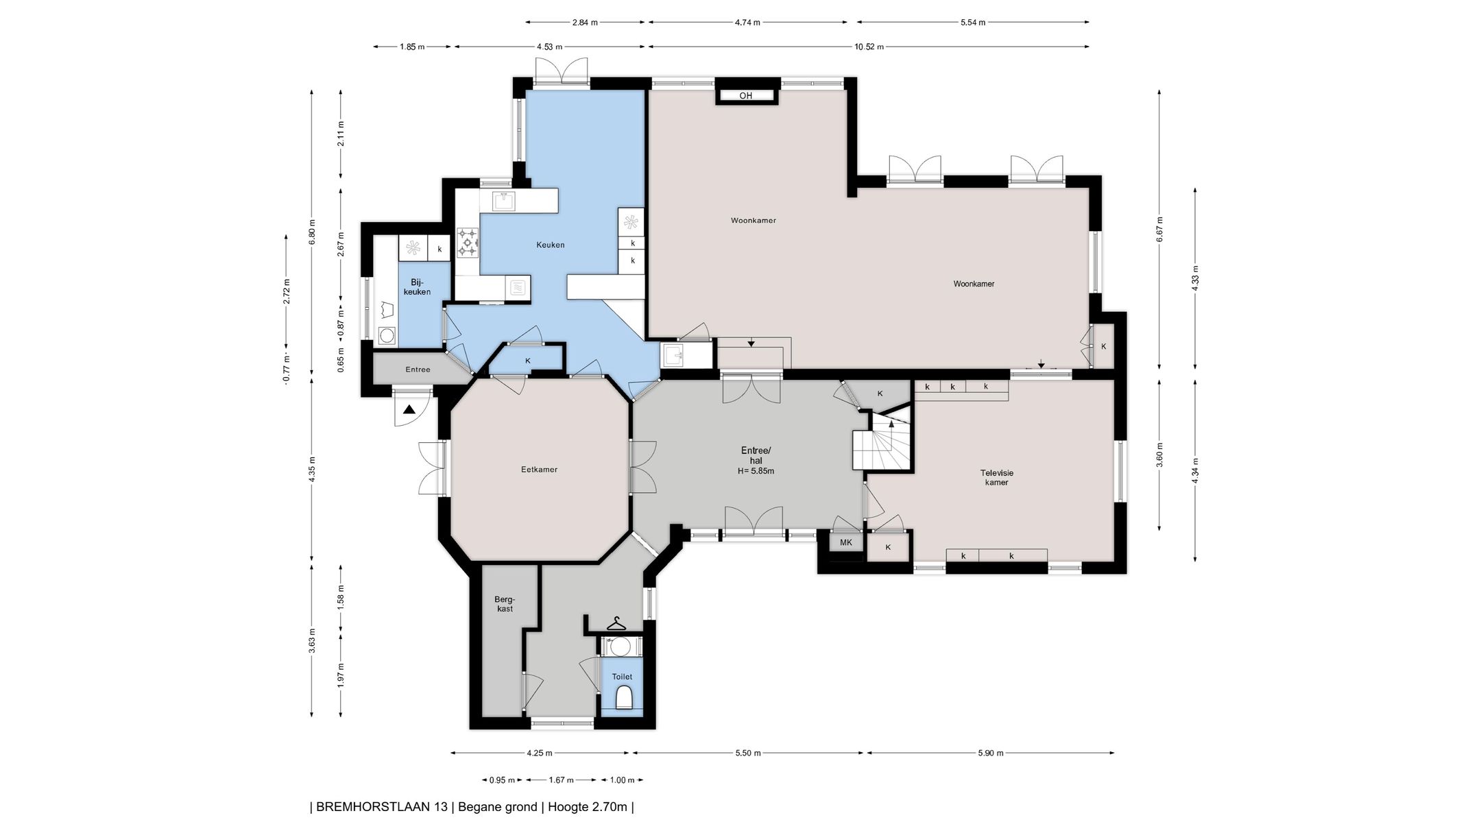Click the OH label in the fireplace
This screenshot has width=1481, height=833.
coord(746,96)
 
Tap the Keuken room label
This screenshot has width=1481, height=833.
coord(551,245)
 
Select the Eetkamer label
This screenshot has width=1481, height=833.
coord(539,470)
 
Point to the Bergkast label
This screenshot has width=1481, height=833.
coord(504,603)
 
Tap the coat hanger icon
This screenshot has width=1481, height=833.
coord(616,624)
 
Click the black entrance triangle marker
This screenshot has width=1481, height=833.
coord(409,410)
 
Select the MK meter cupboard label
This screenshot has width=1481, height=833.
coord(846,542)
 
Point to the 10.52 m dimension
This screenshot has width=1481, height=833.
coord(869,47)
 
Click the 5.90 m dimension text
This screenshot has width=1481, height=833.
coord(990,753)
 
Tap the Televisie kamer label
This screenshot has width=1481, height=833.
coord(996,477)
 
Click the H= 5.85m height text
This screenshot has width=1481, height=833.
coord(756,471)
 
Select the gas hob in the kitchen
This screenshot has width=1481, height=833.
coord(468,242)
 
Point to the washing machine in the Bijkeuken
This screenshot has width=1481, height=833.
coord(387,335)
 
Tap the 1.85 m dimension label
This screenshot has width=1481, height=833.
coord(412,47)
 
